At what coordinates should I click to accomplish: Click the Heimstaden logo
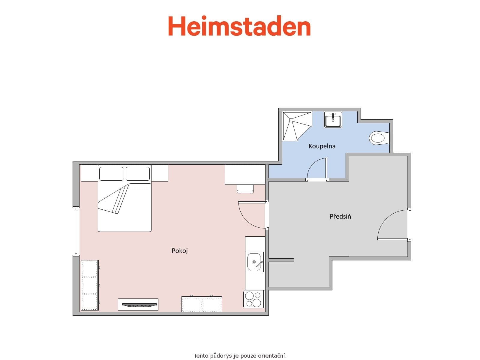(239, 26)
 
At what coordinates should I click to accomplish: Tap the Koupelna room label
(322, 146)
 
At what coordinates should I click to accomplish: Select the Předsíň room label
(340, 216)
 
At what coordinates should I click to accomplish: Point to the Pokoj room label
(180, 251)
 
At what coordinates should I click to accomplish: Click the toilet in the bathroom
(378, 138)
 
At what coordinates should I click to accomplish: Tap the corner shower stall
(295, 126)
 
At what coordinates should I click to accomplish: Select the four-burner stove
(254, 299)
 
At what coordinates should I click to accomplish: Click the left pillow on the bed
(111, 174)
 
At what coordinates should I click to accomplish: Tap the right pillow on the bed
(138, 174)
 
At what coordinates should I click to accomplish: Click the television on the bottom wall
(138, 304)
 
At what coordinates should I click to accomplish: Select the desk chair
(245, 189)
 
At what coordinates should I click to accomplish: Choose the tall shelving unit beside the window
(90, 285)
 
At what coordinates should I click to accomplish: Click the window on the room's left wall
(77, 231)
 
